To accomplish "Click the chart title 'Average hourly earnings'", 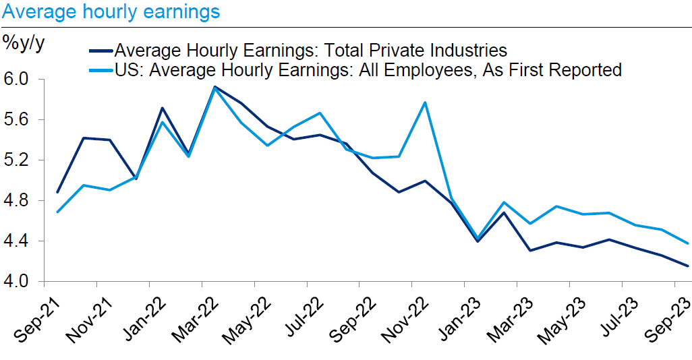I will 111,11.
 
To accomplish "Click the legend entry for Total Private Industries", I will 310,50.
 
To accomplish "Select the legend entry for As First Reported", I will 368,69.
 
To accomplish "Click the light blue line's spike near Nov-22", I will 424,102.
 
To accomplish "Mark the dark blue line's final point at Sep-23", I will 688,266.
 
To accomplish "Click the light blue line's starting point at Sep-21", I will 57,212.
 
